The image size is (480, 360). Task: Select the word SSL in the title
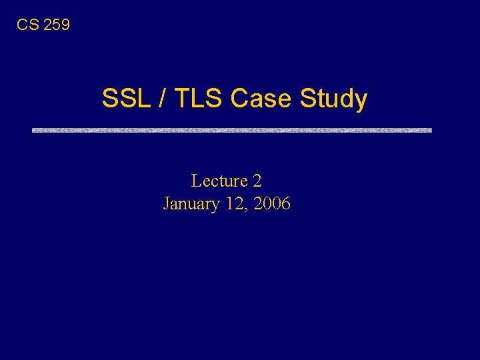tap(123, 99)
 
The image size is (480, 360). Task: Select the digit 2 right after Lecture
tap(257, 181)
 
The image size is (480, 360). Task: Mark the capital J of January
tap(167, 204)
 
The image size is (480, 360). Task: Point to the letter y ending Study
tap(361, 101)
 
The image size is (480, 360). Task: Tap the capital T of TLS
tap(179, 99)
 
